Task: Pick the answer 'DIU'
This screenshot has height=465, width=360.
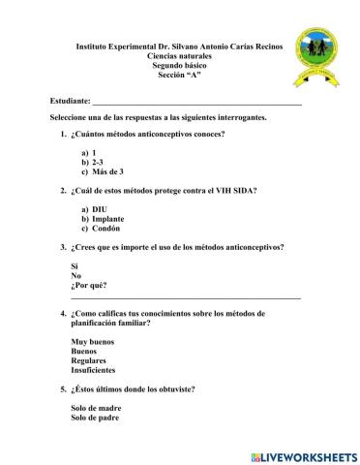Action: pos(100,209)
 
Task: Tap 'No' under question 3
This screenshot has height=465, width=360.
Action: pos(75,275)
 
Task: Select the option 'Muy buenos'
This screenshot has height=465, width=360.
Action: pos(92,341)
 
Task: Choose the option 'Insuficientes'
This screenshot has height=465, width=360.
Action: pos(93,370)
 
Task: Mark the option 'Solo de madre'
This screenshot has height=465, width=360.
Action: pos(98,407)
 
